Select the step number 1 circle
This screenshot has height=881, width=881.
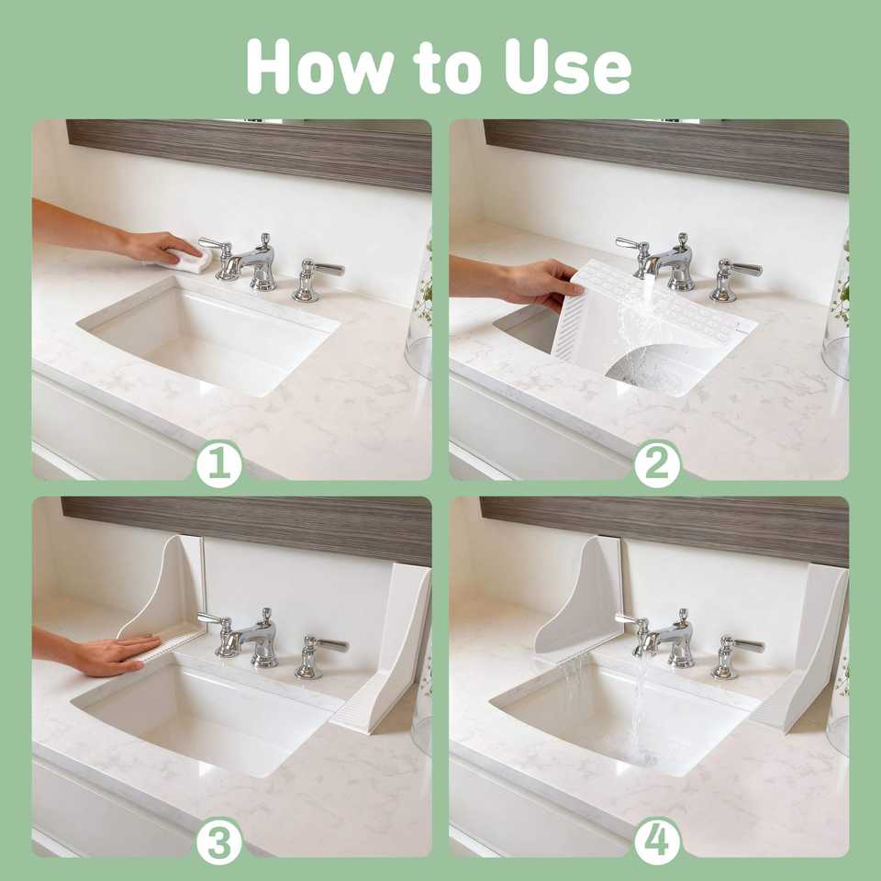click(x=219, y=464)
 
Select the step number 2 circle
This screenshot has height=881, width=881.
click(x=657, y=464)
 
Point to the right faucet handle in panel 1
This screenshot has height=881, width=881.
click(x=317, y=278)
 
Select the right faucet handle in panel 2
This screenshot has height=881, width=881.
click(x=734, y=279)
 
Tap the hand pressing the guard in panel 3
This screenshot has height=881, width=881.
click(x=117, y=654)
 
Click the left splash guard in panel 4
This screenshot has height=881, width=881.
click(x=578, y=597)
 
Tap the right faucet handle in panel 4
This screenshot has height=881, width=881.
click(x=736, y=655)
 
